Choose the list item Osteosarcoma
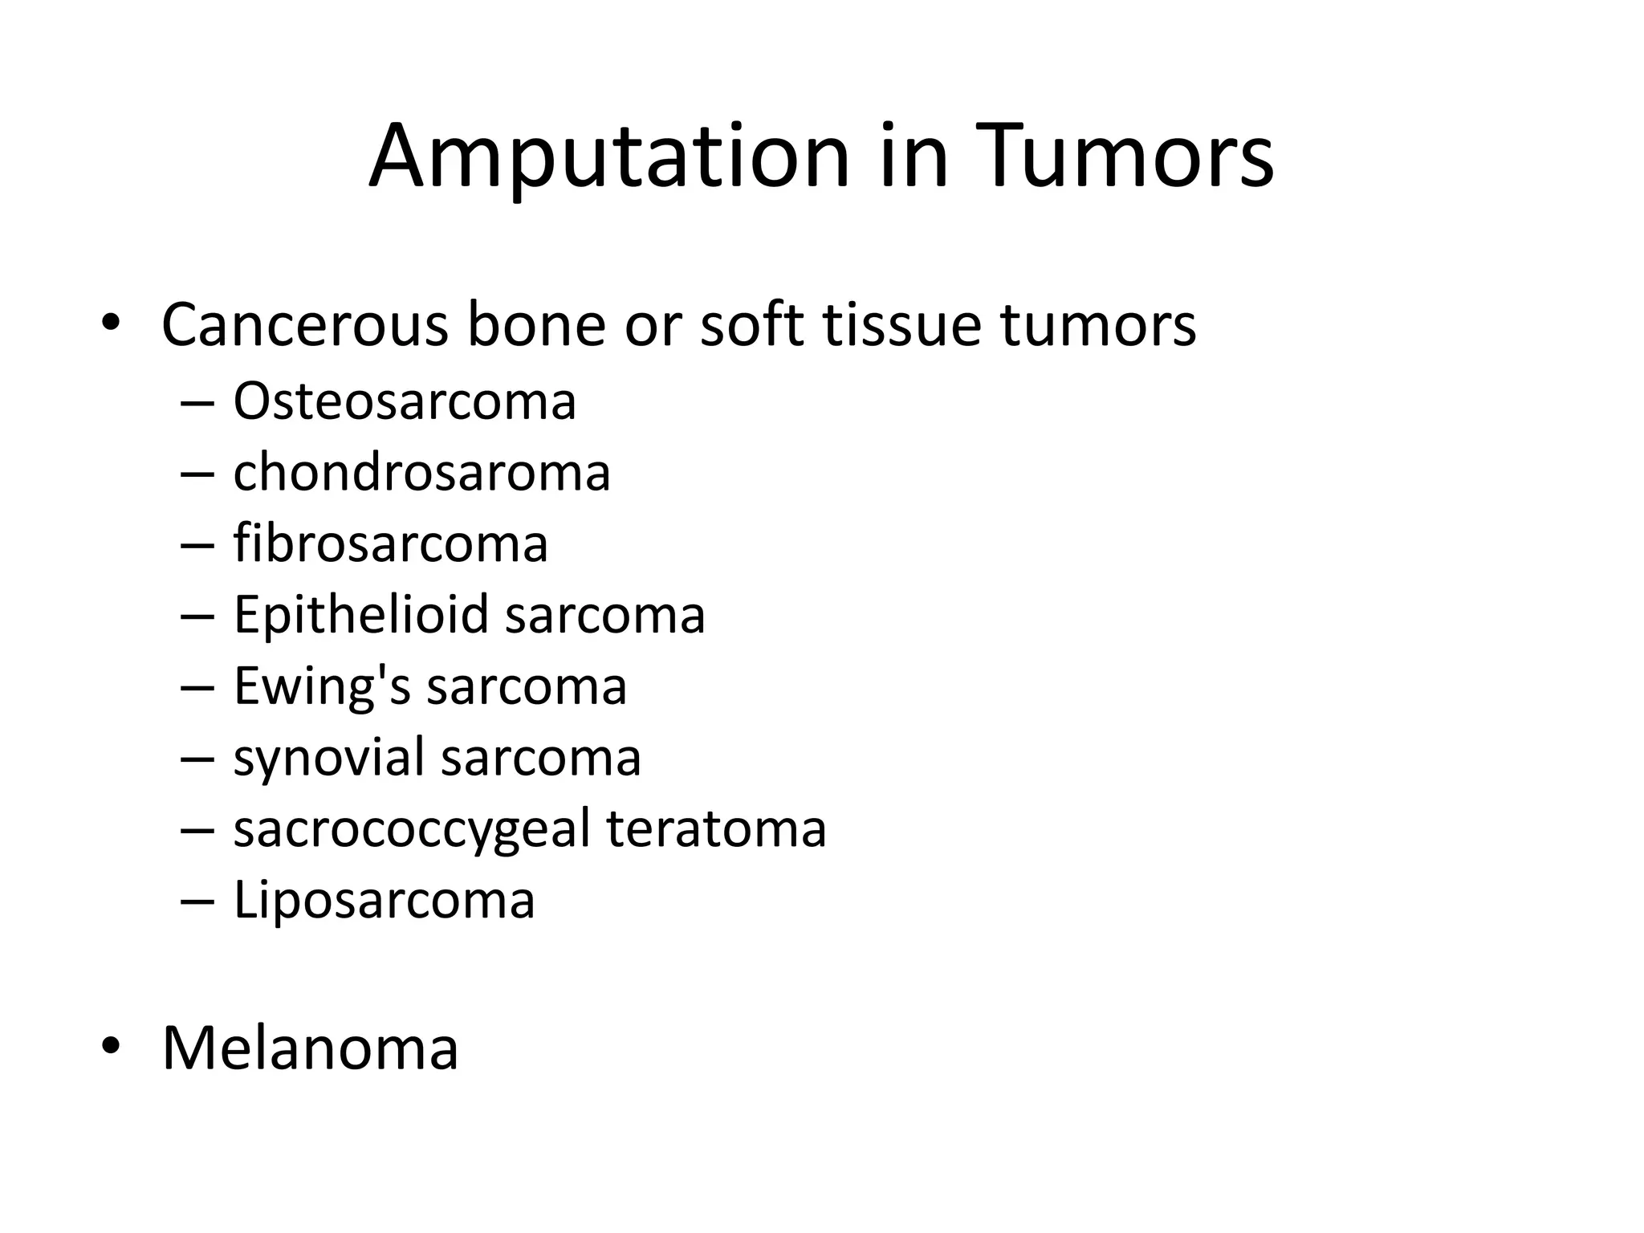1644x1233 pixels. pos(404,401)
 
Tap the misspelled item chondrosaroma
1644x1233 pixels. pos(421,472)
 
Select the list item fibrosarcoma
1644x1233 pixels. pos(390,543)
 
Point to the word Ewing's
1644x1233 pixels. pos(321,687)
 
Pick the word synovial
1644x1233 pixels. pos(328,758)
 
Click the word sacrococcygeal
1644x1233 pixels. pos(412,829)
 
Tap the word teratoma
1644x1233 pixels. pos(716,829)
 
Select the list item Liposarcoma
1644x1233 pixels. pos(384,900)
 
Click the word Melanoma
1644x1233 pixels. pos(310,1048)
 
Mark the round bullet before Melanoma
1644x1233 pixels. pos(110,1046)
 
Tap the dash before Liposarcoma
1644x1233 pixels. pos(197,901)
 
